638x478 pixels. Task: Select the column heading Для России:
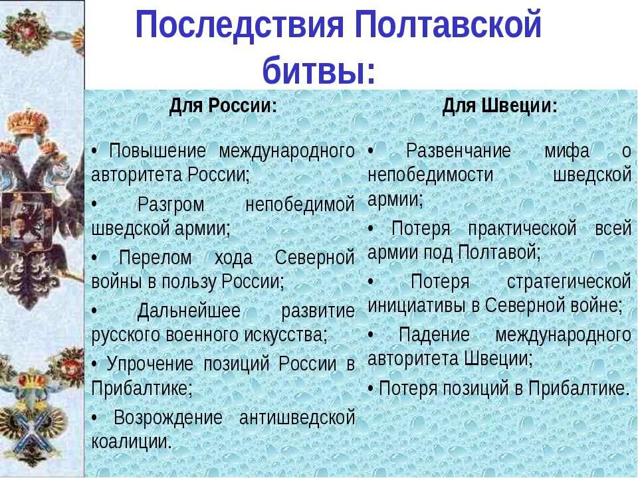[x=223, y=106]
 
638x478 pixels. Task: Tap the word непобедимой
[x=300, y=204]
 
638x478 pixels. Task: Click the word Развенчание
[x=458, y=151]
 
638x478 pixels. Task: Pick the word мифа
[x=567, y=151]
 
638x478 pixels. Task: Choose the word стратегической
[x=568, y=281]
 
